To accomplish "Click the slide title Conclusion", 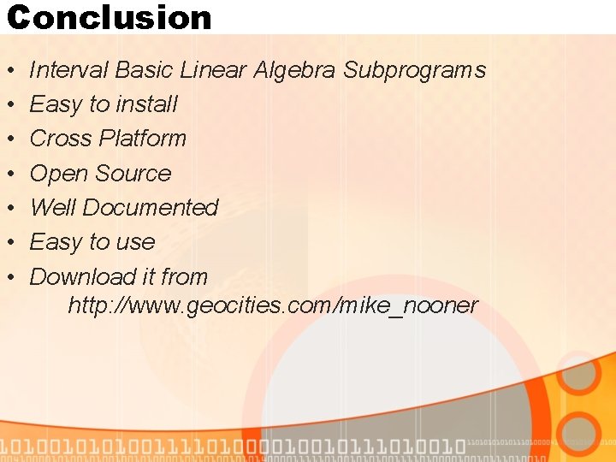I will click(x=109, y=17).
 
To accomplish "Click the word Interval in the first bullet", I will click(x=68, y=70).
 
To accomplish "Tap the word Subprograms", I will click(x=414, y=71).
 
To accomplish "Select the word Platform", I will click(x=143, y=139).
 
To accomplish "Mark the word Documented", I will click(x=151, y=208).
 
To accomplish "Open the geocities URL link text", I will click(x=273, y=305).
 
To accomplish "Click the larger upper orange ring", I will click(x=583, y=377).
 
